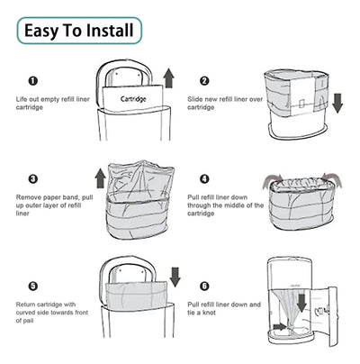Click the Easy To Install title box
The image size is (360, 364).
(x=79, y=31)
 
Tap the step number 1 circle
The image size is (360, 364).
(x=33, y=81)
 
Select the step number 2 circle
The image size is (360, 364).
(x=204, y=81)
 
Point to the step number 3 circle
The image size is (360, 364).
(x=33, y=179)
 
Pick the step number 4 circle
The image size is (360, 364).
(x=204, y=179)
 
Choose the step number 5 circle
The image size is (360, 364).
(x=33, y=286)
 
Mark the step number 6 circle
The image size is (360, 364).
(x=204, y=286)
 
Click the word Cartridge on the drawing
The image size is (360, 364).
(x=133, y=99)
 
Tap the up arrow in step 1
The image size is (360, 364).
(x=169, y=78)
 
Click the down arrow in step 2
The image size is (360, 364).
(x=337, y=103)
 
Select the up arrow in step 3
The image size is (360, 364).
(x=100, y=178)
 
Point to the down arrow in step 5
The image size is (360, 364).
(x=175, y=277)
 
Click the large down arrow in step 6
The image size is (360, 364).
(x=301, y=303)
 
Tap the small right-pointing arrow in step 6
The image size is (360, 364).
(x=280, y=326)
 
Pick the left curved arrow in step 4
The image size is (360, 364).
(x=272, y=181)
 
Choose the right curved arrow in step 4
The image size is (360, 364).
(x=332, y=179)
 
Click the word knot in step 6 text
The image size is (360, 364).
(x=209, y=313)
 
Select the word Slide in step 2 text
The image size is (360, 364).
(x=195, y=99)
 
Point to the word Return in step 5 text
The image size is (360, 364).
(x=26, y=305)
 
